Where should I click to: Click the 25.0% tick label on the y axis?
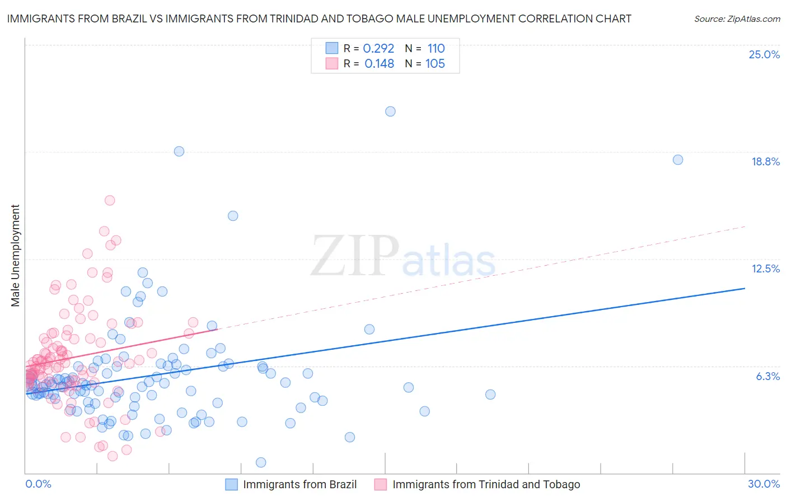(764, 54)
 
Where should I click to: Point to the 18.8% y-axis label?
(765, 161)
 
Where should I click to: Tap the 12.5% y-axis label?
(765, 268)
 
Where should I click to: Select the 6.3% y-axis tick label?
(767, 376)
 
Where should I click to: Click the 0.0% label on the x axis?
(38, 484)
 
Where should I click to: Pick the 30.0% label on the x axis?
(763, 484)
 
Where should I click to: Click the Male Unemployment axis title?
(15, 256)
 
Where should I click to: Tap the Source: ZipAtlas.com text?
(737, 18)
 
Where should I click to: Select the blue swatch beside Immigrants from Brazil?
(232, 484)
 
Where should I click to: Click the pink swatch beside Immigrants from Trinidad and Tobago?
(381, 484)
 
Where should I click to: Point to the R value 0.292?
(378, 48)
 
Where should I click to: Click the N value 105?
(435, 63)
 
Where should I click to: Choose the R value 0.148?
(379, 63)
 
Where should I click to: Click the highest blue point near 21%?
(390, 111)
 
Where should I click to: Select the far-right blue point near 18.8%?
(677, 160)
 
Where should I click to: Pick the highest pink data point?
(110, 200)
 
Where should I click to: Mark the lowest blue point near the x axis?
(261, 462)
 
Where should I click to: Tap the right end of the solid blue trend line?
(744, 288)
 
